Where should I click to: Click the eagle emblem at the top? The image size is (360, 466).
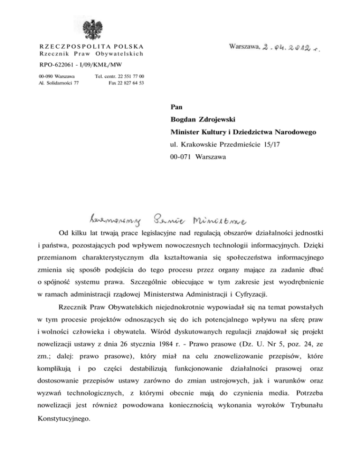[x=95, y=29]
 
